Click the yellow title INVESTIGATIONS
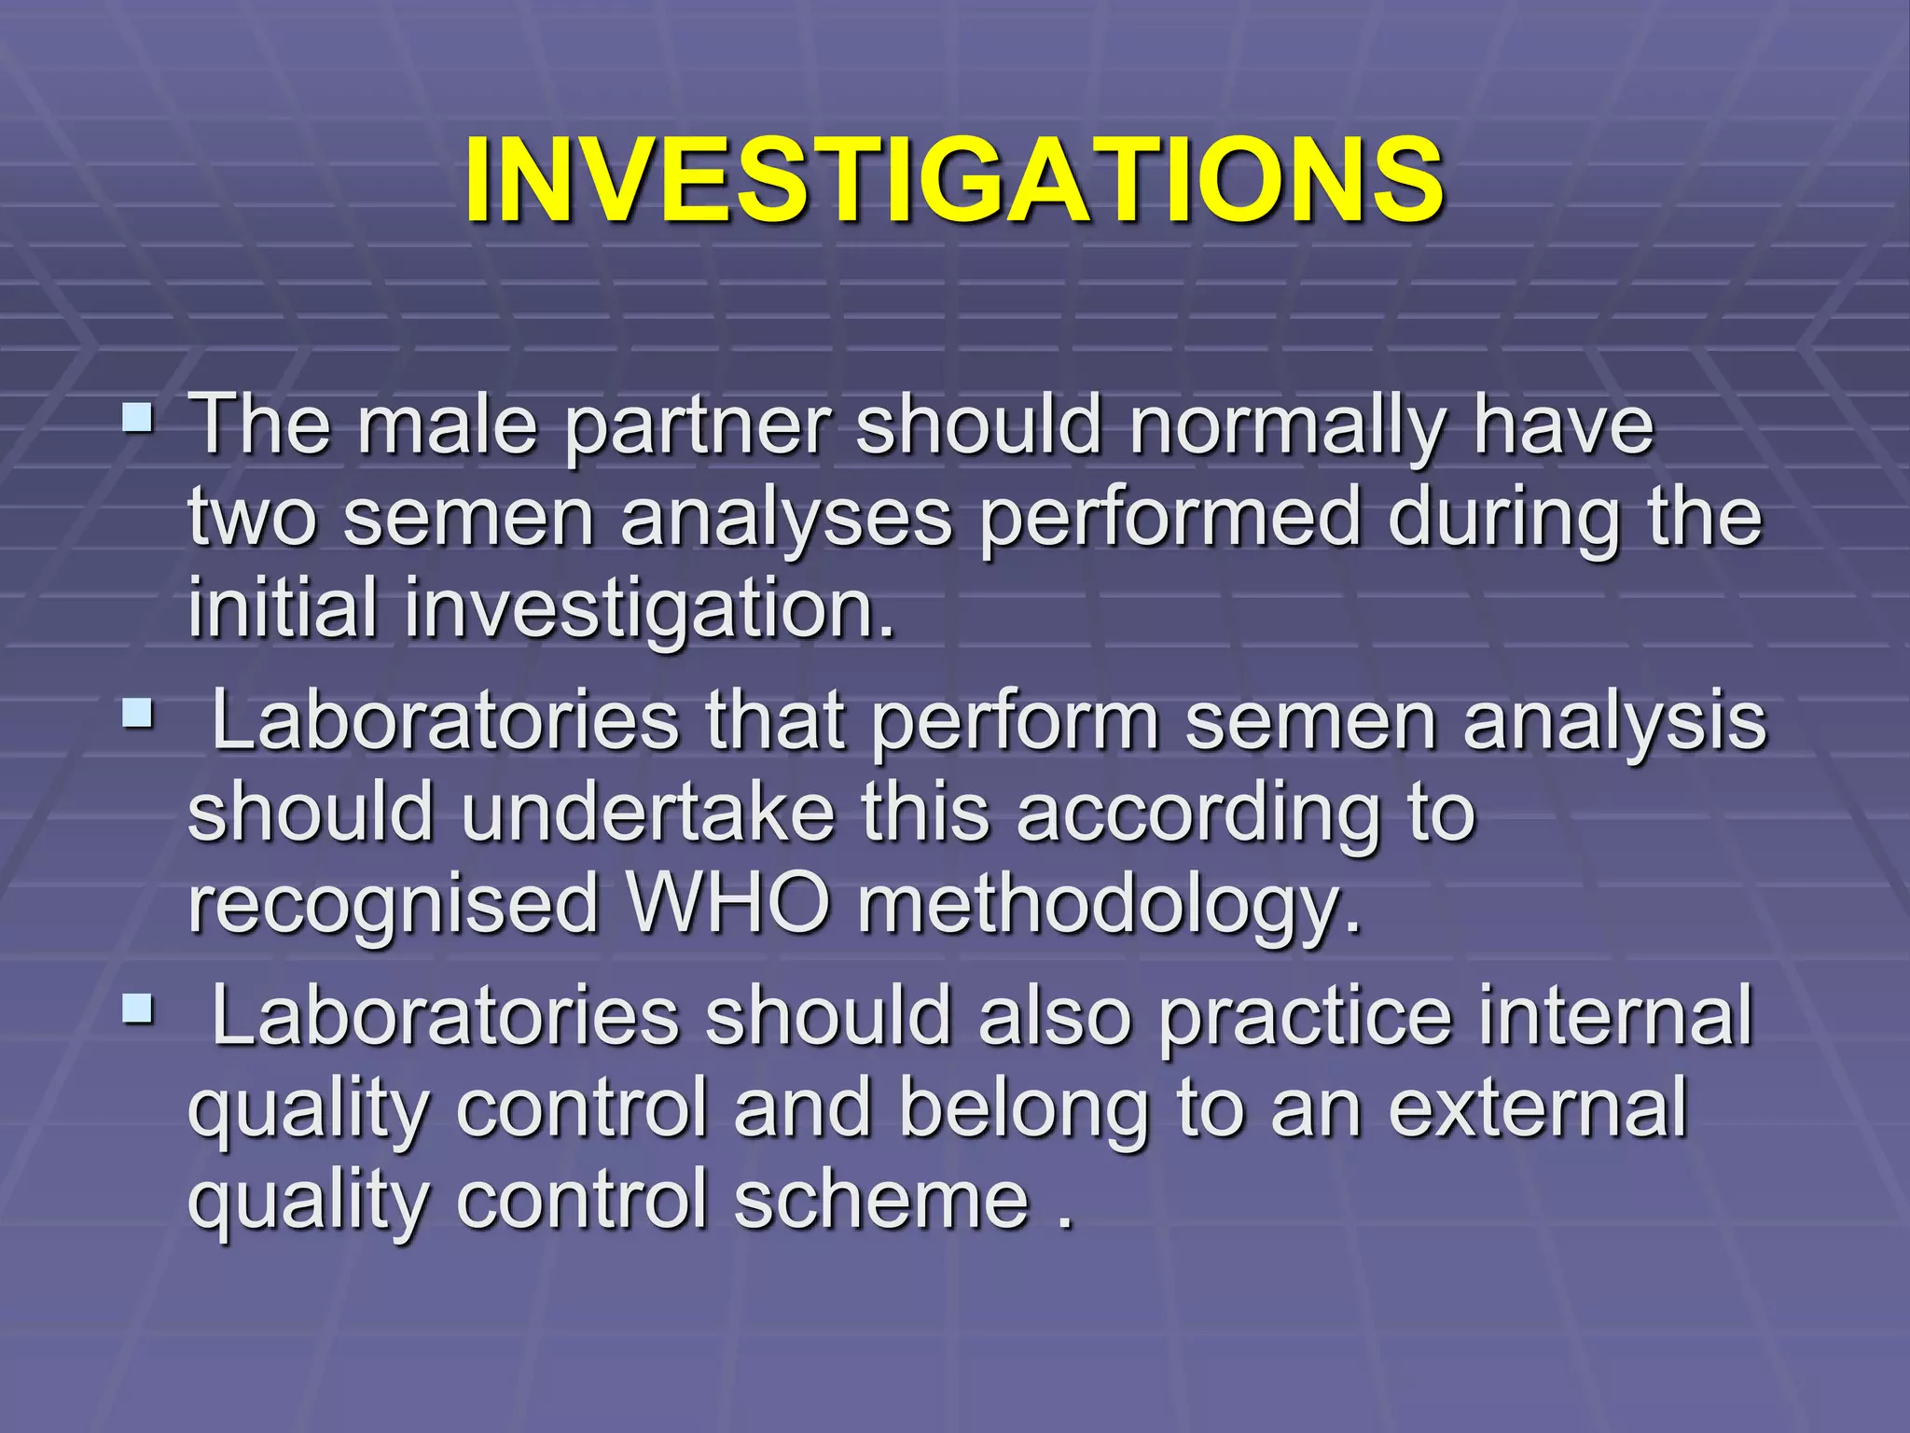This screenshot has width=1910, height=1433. click(954, 180)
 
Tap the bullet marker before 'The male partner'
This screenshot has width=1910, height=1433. click(137, 416)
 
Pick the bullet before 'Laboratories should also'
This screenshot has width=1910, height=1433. click(137, 1008)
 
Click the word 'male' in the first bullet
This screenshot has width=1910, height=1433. click(448, 425)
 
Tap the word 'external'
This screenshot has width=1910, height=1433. click(1538, 1108)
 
